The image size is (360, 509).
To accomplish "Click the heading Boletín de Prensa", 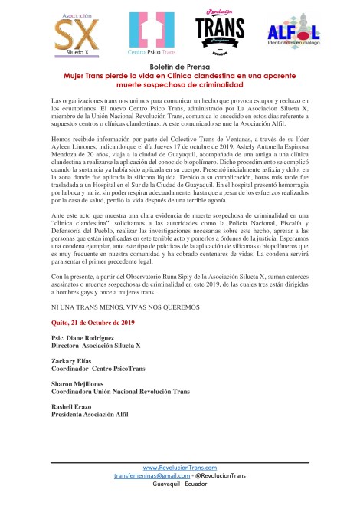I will pos(180,68).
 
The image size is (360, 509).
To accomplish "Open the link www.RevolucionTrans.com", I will pos(179,468).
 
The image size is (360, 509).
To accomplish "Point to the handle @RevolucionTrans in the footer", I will pos(221,476).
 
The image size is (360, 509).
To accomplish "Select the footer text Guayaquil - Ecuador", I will pos(179,485).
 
